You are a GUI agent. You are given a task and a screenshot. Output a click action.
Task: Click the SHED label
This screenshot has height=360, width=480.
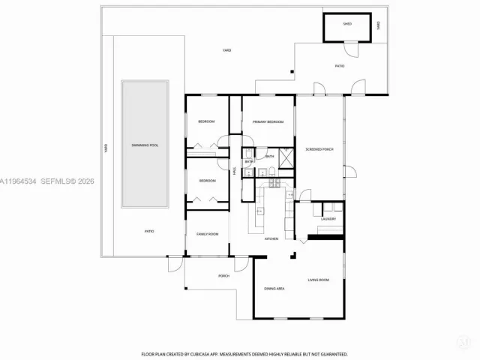347,24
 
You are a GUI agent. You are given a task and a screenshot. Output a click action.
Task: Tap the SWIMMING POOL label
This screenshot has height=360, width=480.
145,145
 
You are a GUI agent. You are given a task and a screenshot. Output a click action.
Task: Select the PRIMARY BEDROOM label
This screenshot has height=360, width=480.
268,121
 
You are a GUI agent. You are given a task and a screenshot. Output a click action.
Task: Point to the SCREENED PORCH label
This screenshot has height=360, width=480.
319,149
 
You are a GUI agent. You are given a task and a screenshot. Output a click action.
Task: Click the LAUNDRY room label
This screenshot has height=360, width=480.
328,219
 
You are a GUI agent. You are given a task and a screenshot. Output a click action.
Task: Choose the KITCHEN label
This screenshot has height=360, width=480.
271,238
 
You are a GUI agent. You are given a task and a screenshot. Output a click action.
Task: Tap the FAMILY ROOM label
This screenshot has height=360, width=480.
208,234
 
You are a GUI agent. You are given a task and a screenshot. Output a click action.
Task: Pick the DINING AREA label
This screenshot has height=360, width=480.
274,288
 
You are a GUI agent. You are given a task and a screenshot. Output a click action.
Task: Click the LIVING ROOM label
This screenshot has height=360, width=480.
319,280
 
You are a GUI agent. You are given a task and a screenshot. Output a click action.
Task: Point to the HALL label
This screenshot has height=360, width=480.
235,172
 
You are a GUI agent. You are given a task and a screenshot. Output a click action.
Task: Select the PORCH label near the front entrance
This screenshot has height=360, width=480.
223,276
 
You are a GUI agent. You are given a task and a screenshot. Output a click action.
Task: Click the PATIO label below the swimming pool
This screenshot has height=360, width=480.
149,231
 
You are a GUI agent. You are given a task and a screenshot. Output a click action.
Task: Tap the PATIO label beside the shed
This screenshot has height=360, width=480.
339,66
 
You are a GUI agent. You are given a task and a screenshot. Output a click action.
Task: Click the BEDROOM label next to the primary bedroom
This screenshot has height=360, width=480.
206,121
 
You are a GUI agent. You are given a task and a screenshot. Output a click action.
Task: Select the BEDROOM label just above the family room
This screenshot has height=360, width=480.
208,181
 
